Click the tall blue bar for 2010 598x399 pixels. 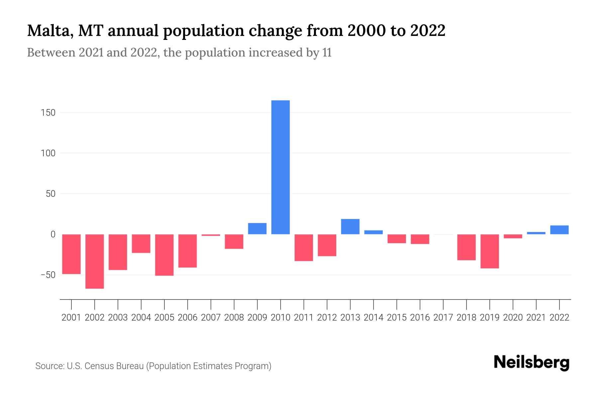point(280,167)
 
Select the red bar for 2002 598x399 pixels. point(95,261)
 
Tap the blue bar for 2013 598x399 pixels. point(350,226)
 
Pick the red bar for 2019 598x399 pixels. point(490,251)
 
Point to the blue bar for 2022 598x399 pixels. point(559,230)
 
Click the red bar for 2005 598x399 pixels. point(164,255)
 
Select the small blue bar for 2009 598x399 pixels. point(257,228)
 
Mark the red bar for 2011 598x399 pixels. point(304,247)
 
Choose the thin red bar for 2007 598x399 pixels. point(211,235)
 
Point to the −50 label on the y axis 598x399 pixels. point(48,275)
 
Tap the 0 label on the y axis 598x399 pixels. point(53,234)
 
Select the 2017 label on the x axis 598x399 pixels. point(443,318)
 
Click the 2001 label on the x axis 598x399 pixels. point(71,318)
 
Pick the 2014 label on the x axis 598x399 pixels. point(373,318)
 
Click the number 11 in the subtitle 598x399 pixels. point(327,53)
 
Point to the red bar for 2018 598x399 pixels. point(466,247)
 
